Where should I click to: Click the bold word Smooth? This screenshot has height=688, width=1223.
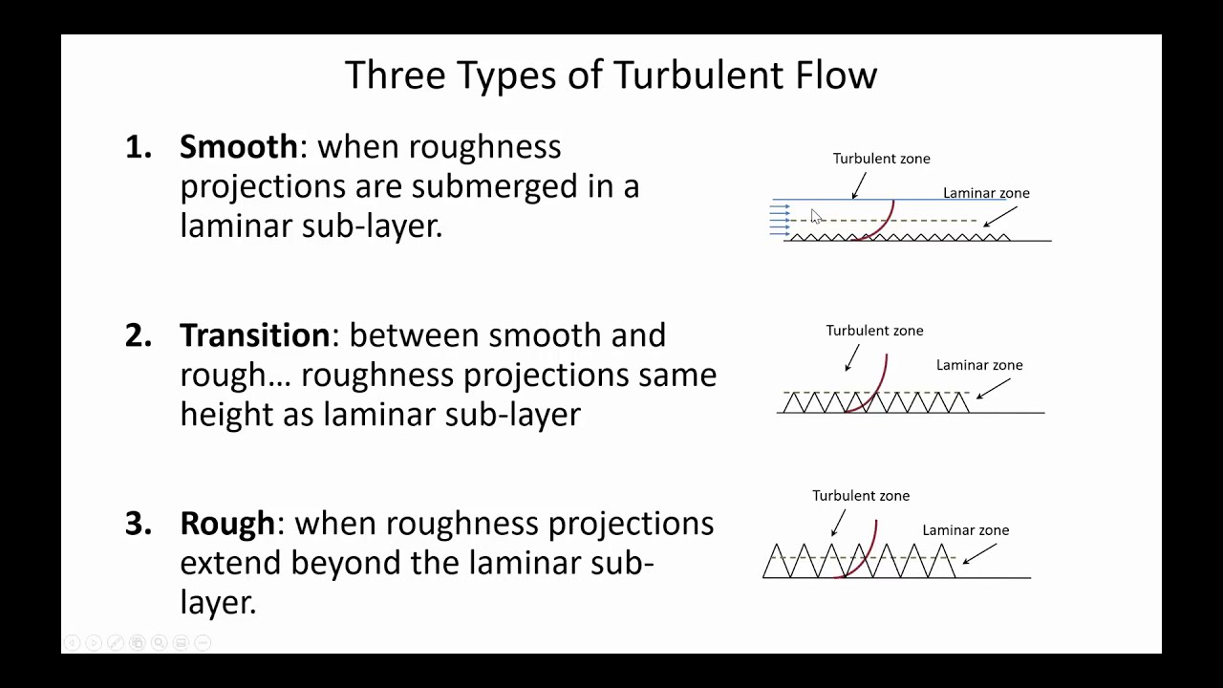click(239, 146)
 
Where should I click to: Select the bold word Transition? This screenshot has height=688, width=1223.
click(254, 335)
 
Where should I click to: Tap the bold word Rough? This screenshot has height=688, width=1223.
click(227, 524)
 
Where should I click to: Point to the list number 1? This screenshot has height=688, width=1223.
click(139, 147)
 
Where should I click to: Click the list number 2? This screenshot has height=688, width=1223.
click(139, 336)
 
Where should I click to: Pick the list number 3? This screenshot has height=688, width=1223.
click(139, 525)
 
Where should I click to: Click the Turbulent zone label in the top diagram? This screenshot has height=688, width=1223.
click(881, 159)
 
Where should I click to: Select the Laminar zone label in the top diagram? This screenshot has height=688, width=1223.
click(986, 193)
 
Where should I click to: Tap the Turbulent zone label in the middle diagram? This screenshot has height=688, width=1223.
click(874, 331)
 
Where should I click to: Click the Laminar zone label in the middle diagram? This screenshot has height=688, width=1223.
click(979, 365)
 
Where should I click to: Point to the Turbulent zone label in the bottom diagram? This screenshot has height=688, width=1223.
click(861, 496)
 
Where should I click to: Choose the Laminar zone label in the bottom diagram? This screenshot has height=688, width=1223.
click(965, 530)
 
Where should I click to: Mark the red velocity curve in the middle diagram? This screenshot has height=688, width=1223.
click(882, 382)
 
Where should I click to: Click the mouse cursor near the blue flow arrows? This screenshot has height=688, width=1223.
click(815, 217)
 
